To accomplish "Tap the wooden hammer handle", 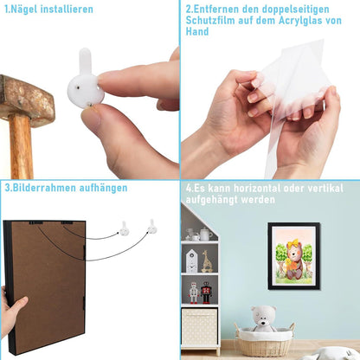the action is click(21, 147).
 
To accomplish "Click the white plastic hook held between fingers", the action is click(86, 80).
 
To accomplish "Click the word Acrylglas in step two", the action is click(300, 21).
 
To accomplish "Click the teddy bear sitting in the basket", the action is click(263, 318).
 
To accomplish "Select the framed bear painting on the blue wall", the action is click(293, 256).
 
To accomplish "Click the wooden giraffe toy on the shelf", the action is click(207, 261).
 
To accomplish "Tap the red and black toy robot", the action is click(206, 292).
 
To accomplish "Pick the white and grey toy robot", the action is click(194, 292).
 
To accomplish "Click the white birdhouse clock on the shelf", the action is click(191, 261).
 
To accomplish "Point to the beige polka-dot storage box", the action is click(199, 327).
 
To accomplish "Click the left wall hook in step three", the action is click(124, 228).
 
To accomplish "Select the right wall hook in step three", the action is click(152, 227).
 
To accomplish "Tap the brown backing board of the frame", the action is click(48, 286).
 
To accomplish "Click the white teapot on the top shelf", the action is click(205, 234).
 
